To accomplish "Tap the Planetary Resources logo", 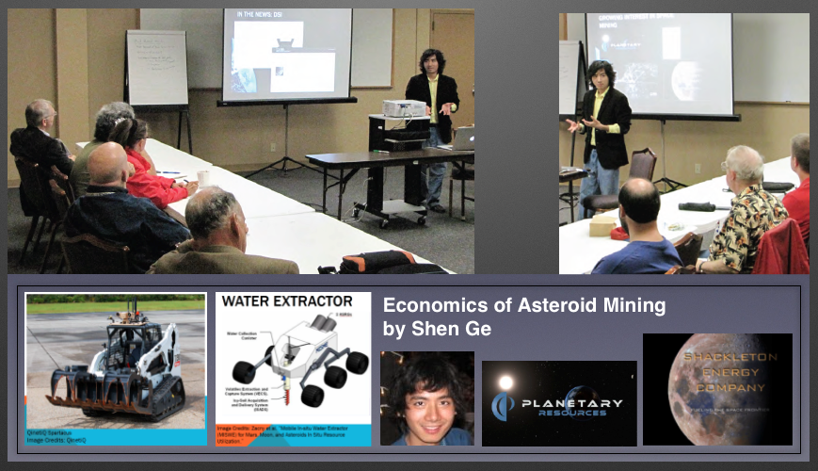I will click(559, 404).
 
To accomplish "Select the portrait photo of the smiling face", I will click(426, 398).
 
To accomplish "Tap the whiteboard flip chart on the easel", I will click(156, 68).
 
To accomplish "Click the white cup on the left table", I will click(203, 177).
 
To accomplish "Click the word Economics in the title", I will click(430, 305).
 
